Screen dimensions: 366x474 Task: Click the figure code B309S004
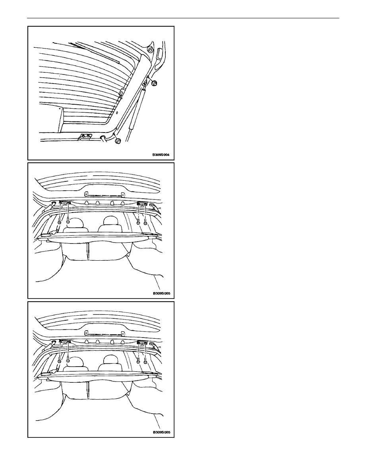161,155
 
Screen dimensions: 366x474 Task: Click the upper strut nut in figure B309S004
155,83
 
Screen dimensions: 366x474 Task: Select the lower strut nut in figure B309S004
118,140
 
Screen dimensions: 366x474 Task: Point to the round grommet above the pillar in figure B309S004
149,49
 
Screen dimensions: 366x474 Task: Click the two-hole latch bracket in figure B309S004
86,137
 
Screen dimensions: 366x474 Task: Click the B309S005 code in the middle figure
161,293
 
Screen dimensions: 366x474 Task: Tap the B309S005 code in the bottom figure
161,432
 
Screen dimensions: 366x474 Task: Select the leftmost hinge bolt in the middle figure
60,221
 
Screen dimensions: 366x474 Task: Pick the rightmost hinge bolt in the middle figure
145,222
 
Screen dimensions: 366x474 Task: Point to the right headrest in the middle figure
111,223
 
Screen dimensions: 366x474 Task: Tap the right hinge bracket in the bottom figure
142,343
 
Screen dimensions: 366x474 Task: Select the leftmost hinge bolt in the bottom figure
60,360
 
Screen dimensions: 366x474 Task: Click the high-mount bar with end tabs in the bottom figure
105,333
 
